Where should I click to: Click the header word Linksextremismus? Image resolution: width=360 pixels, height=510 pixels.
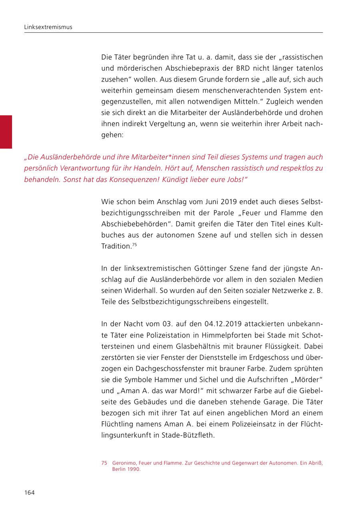48,27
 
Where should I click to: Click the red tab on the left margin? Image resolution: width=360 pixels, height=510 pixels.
6,132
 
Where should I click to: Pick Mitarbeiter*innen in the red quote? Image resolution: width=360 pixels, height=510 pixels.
146,157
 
